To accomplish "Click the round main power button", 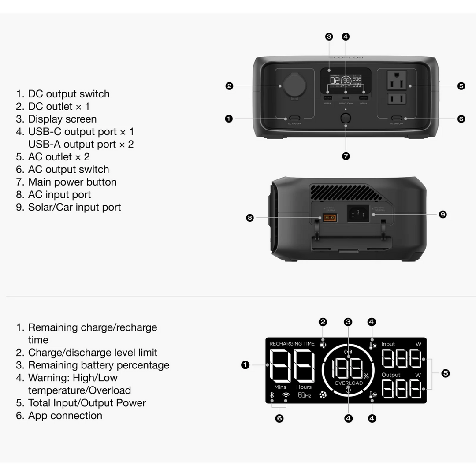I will [x=346, y=118].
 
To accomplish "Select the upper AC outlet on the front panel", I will [x=397, y=80].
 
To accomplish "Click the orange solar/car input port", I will [x=328, y=217].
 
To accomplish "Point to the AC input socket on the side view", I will [x=358, y=214].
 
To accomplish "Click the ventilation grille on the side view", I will [x=346, y=193].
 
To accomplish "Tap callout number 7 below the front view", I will [x=346, y=156].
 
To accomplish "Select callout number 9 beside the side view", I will [x=443, y=214].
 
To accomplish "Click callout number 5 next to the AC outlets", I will [x=461, y=86].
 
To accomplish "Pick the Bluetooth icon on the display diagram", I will [x=272, y=395].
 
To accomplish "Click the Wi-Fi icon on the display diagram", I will [x=286, y=395].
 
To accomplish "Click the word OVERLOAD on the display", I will [x=348, y=383].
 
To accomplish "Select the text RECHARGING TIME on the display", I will [x=292, y=344].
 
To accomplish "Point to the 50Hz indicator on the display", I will [x=304, y=395].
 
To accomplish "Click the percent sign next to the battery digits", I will [x=366, y=376].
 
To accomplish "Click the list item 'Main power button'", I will [x=72, y=182].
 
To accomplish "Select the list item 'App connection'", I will [x=65, y=415].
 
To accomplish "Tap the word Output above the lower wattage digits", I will [x=390, y=375].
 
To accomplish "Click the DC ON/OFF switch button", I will [x=294, y=119].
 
